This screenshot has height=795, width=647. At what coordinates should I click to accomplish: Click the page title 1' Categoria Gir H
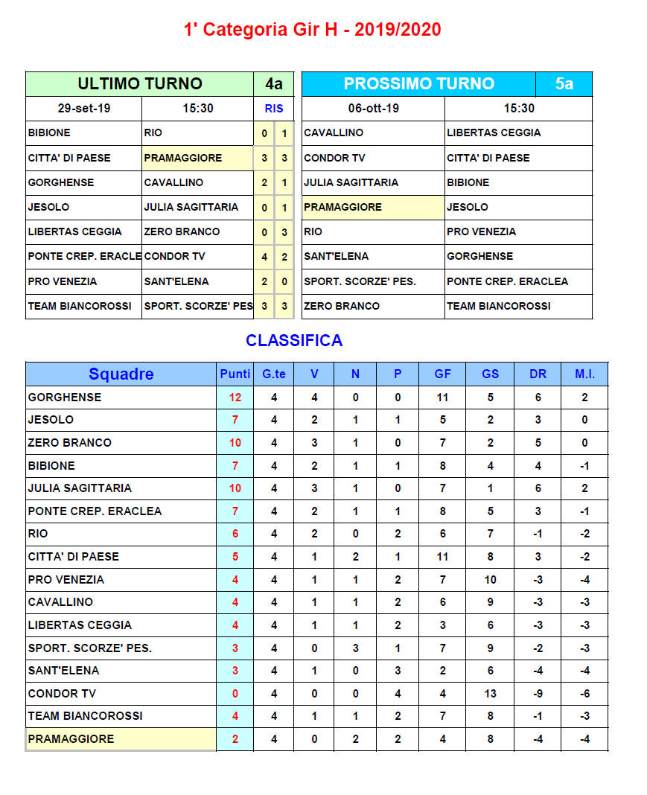coord(312,30)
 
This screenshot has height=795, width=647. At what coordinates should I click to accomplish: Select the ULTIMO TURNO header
coord(140,83)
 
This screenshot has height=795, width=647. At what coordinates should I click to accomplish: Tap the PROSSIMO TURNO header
coord(418,83)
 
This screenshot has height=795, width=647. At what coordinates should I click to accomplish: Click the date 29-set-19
coord(83,108)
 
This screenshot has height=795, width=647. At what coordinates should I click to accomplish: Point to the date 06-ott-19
coord(373,108)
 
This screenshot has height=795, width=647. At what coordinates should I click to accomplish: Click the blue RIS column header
coord(274,108)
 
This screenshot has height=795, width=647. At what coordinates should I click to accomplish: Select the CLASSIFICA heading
coord(294,340)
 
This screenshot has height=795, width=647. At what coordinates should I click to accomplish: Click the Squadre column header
coord(121,374)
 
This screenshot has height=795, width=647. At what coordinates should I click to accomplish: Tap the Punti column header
coord(235,374)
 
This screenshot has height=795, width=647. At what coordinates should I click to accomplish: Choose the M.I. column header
coord(584,374)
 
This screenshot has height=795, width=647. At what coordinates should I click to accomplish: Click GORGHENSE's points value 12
coord(235,397)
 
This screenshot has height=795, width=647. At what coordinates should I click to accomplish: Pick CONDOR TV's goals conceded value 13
coord(490,693)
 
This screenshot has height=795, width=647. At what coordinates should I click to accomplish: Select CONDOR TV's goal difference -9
coord(538,693)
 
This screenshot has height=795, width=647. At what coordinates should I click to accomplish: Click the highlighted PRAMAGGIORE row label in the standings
coord(71,738)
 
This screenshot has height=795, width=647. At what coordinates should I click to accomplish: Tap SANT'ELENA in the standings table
coord(63,670)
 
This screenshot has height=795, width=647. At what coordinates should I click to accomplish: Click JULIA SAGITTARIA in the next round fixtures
coord(351,182)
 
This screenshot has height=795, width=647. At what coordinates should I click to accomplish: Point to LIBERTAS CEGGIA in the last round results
coord(74,232)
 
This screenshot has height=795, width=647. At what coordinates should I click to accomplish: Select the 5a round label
coord(564,83)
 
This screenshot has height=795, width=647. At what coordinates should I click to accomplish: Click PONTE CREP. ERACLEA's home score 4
coord(264,257)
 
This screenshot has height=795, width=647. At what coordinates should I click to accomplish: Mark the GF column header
coord(442,374)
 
